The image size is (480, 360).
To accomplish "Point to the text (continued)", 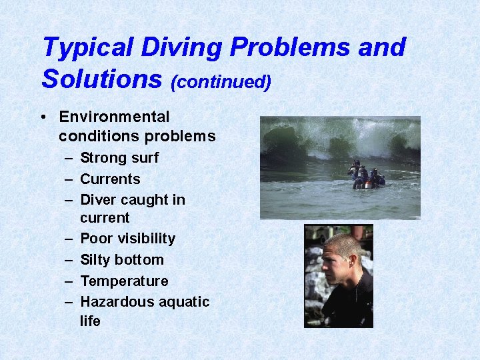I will pos(221,82).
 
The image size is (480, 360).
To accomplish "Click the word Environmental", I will pos(114,117).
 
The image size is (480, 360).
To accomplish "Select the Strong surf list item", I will pos(119,158).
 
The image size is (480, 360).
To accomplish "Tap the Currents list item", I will pos(110,179).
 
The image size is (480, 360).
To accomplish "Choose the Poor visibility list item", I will pos(127,239).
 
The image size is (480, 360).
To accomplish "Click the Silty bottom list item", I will pos(121,259).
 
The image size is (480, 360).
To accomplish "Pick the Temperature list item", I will pos(124,281).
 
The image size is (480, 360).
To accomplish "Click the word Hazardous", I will pos(115,302).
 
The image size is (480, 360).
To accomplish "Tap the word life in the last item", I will pos(90,321).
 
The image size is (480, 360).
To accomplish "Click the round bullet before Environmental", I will pos(43,117).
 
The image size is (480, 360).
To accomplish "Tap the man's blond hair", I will pos(344,241).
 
